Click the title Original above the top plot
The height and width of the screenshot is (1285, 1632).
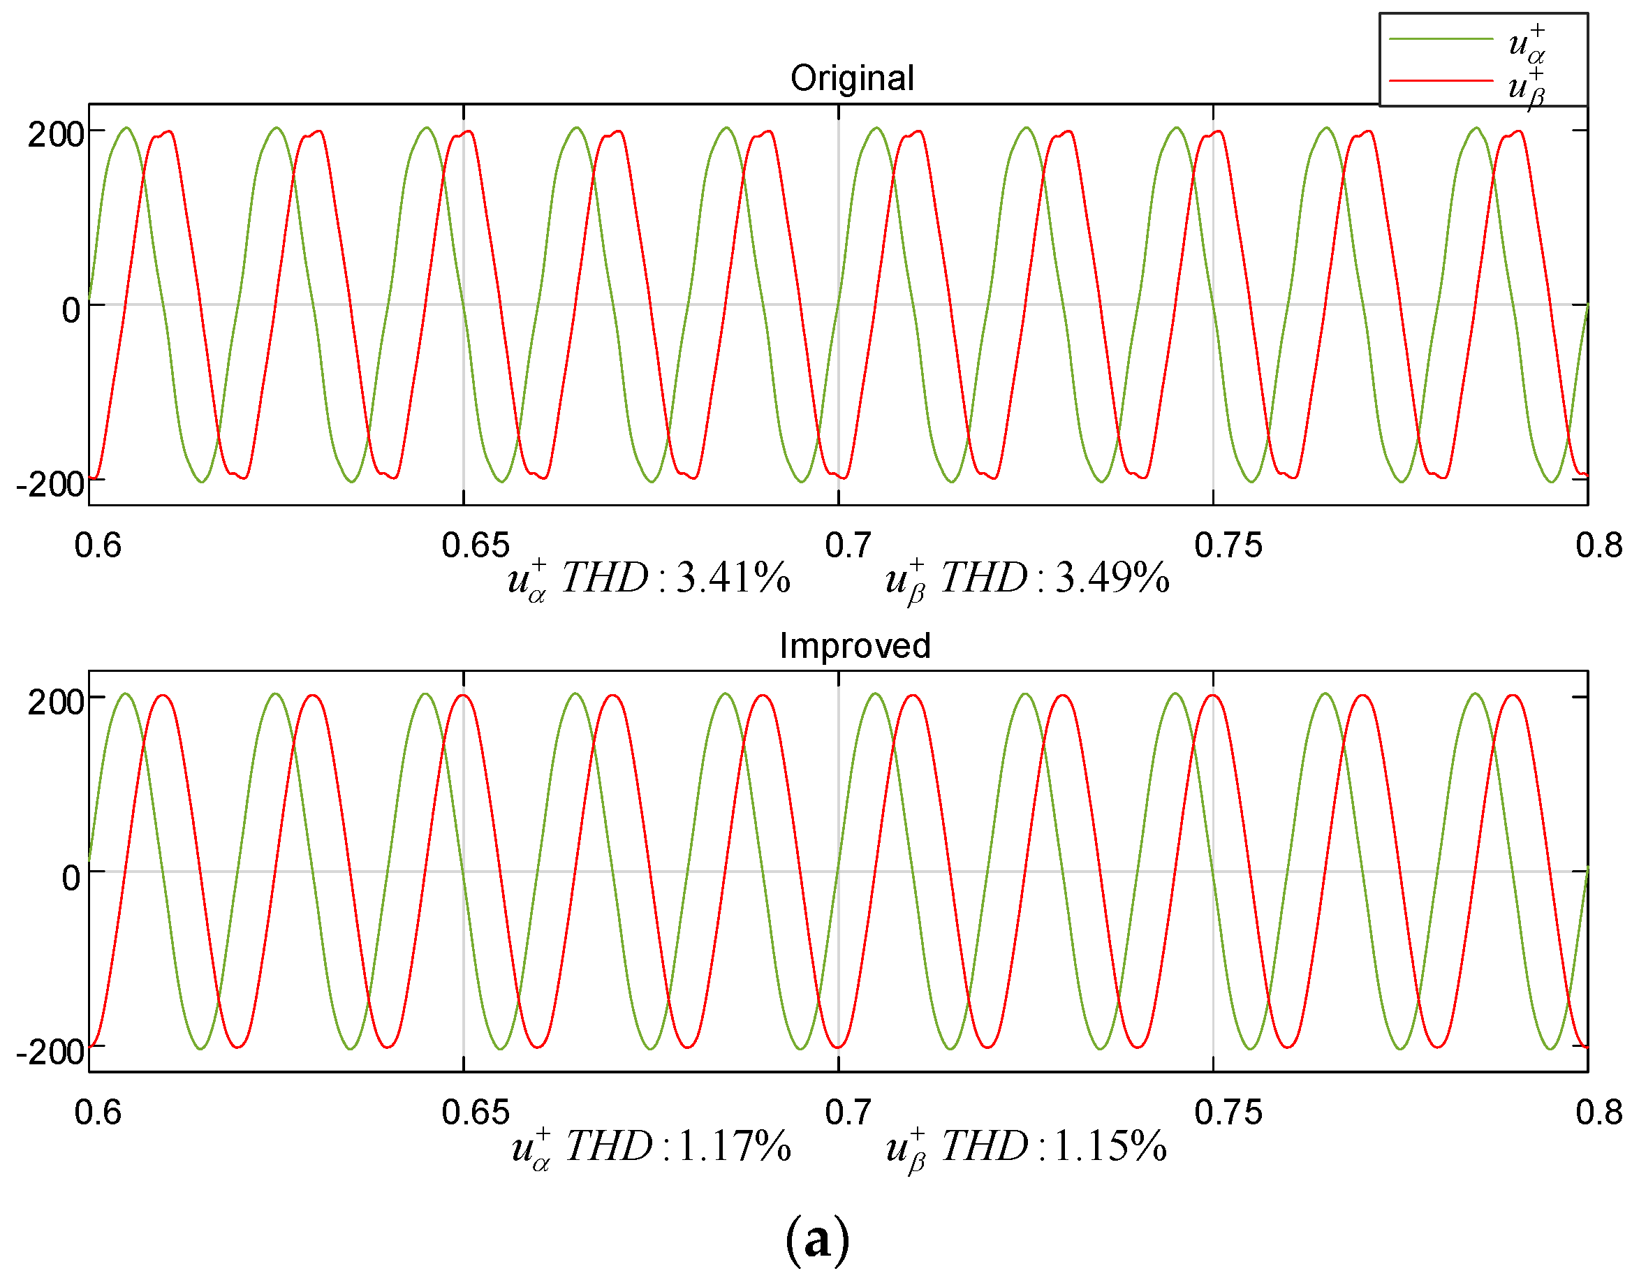click(x=851, y=78)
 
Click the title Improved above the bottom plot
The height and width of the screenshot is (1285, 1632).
click(x=854, y=645)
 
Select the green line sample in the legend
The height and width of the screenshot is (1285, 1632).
click(x=1440, y=39)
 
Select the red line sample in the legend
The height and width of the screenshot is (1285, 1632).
click(x=1440, y=80)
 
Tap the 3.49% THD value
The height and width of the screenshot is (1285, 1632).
click(x=1111, y=578)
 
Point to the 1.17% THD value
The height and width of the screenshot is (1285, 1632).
click(x=735, y=1146)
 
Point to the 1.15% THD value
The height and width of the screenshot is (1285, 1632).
click(x=1110, y=1146)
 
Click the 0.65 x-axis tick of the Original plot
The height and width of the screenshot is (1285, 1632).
click(x=475, y=545)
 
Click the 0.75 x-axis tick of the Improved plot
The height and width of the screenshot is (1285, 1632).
click(x=1227, y=1113)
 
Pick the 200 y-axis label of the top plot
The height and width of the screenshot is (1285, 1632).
click(x=55, y=135)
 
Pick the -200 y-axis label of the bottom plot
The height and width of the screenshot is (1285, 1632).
click(x=50, y=1052)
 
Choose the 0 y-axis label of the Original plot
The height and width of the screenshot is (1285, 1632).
click(x=71, y=310)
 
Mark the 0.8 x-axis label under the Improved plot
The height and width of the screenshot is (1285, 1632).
click(x=1598, y=1113)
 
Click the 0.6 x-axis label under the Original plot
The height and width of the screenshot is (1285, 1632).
click(x=98, y=545)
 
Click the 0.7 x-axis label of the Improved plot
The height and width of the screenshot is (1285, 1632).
click(x=847, y=1113)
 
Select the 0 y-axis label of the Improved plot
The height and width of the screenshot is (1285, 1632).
click(x=71, y=877)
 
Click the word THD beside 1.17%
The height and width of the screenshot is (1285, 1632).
click(x=608, y=1146)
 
